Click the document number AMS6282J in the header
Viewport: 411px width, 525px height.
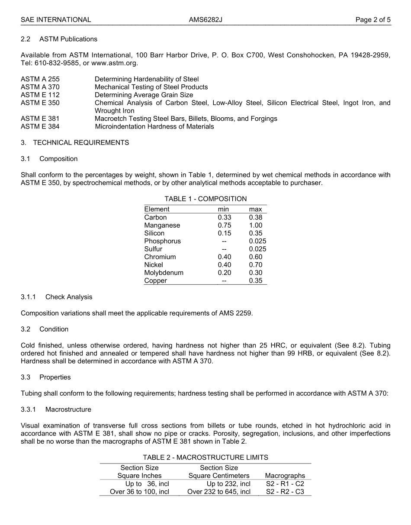pos(205,19)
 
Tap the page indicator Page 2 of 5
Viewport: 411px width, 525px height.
pos(373,19)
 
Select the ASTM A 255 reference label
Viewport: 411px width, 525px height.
pos(40,79)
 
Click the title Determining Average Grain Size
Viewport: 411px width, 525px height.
pos(144,95)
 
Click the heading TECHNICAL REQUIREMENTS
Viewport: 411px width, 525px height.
pos(81,142)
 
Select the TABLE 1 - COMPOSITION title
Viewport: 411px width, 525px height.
pos(205,199)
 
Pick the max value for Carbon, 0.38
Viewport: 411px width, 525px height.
pos(255,217)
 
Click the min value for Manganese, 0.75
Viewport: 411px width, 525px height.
pos(225,225)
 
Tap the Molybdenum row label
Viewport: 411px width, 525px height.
pos(164,273)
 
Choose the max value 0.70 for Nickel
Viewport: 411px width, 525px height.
pos(255,265)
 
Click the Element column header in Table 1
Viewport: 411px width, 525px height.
pos(157,209)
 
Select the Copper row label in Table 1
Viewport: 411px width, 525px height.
pos(155,280)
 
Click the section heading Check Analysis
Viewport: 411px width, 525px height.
pos(69,297)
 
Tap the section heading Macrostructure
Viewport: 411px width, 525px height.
pos(68,409)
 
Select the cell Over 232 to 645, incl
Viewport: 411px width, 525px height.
pos(219,492)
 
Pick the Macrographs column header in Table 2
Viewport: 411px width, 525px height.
pos(285,476)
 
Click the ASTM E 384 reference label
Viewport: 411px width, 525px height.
pos(40,126)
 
